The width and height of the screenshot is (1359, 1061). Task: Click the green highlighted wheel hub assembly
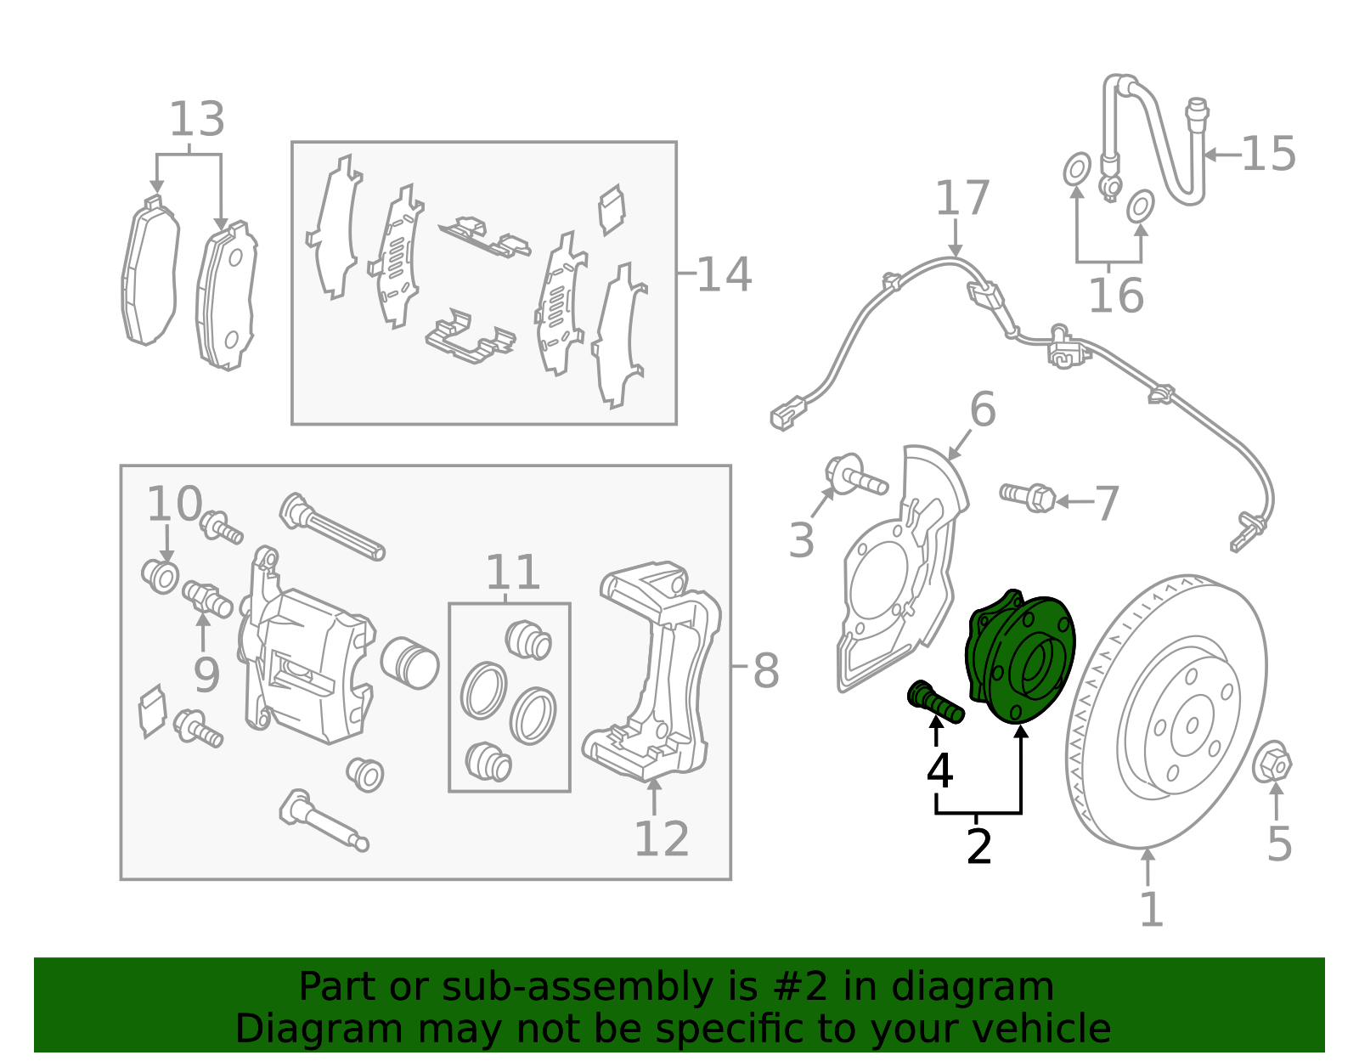[1019, 658]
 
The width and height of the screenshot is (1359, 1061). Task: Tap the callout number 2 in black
[978, 847]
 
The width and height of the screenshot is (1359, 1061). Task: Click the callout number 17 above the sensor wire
[961, 198]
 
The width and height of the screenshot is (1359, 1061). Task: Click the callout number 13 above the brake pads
[197, 120]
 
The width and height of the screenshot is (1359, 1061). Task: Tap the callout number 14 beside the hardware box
[724, 274]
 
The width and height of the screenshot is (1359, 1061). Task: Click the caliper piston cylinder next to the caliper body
[409, 662]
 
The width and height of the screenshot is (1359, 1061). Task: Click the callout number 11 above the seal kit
[512, 573]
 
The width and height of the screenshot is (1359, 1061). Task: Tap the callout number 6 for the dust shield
[982, 410]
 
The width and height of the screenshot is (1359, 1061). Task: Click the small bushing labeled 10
[161, 577]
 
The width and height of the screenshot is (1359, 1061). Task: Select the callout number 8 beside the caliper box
[765, 671]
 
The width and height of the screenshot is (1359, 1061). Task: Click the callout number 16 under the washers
[1115, 296]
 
